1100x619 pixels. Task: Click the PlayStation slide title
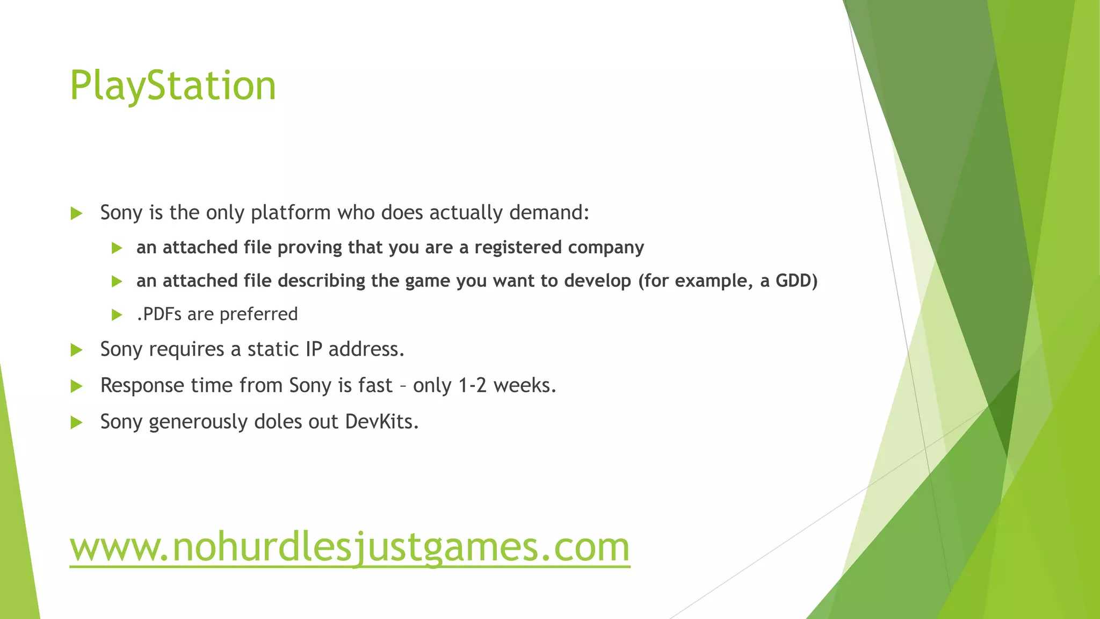[173, 86]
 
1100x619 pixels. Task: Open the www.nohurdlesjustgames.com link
[349, 547]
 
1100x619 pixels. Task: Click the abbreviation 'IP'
[314, 349]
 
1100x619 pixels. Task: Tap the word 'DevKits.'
[382, 422]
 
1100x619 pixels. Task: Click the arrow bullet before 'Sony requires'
[76, 350]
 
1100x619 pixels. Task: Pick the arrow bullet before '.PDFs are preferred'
[117, 315]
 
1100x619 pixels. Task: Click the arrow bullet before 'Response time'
[76, 386]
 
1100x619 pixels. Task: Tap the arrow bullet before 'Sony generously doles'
[76, 422]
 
